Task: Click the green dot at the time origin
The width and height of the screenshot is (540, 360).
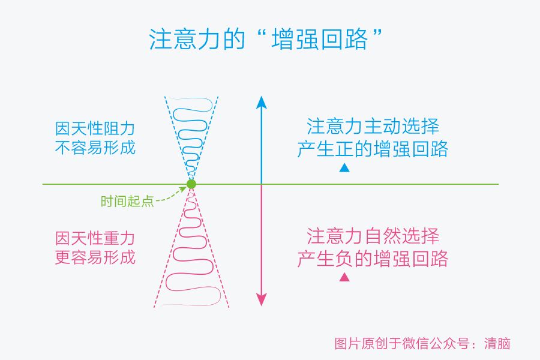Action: pos(191,184)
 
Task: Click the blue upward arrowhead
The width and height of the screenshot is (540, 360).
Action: pos(261,102)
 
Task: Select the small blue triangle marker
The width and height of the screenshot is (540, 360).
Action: pos(344,168)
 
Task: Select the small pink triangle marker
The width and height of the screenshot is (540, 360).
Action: pos(344,277)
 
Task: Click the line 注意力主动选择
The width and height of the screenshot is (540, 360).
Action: pos(373,127)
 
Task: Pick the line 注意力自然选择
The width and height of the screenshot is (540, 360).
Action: pos(373,236)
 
